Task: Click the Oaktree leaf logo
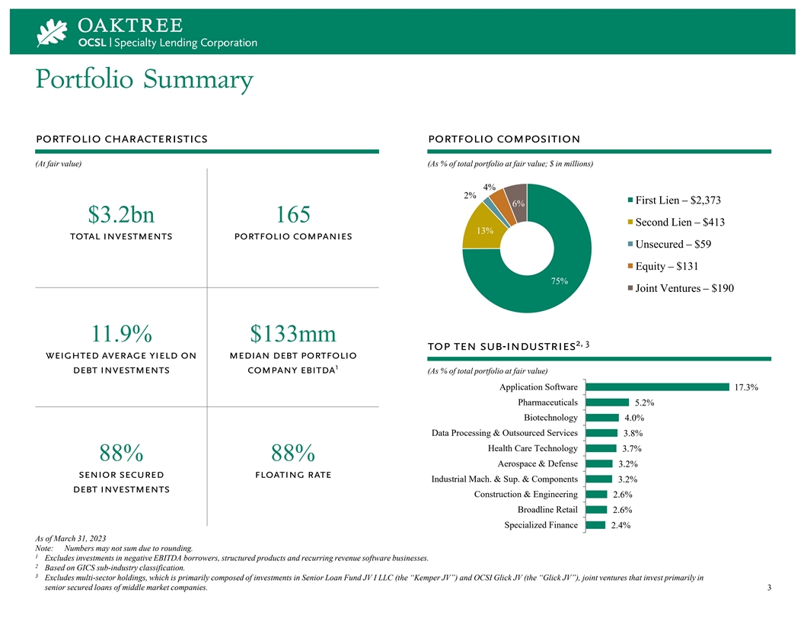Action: click(52, 32)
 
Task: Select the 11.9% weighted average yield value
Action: click(120, 334)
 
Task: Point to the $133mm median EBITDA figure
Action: click(293, 334)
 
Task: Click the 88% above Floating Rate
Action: click(293, 453)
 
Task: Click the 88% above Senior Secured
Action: click(120, 453)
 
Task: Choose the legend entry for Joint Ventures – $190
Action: click(680, 289)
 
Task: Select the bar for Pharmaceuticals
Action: click(607, 402)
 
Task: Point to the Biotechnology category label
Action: click(550, 418)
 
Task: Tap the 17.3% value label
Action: click(746, 387)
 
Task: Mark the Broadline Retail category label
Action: click(547, 509)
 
